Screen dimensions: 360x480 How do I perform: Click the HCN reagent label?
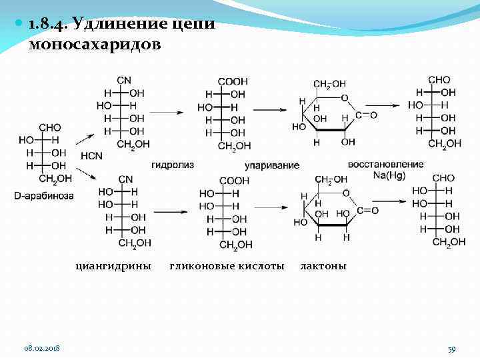click(x=91, y=156)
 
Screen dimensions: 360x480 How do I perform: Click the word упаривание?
click(x=272, y=165)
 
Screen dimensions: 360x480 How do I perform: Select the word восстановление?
click(x=385, y=164)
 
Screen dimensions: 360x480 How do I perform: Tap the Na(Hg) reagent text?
click(x=390, y=175)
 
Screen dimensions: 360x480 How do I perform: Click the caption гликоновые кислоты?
click(x=227, y=266)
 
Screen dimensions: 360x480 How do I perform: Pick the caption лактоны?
click(x=323, y=266)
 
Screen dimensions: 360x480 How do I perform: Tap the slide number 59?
click(x=451, y=349)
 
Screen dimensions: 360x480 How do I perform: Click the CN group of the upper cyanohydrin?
click(x=124, y=81)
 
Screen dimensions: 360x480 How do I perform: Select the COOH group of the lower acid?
click(x=234, y=181)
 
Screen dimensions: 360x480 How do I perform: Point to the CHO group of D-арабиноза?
click(x=50, y=128)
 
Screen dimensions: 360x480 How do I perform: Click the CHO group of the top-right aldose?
click(x=439, y=80)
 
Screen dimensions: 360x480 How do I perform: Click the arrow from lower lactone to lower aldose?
click(x=390, y=199)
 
